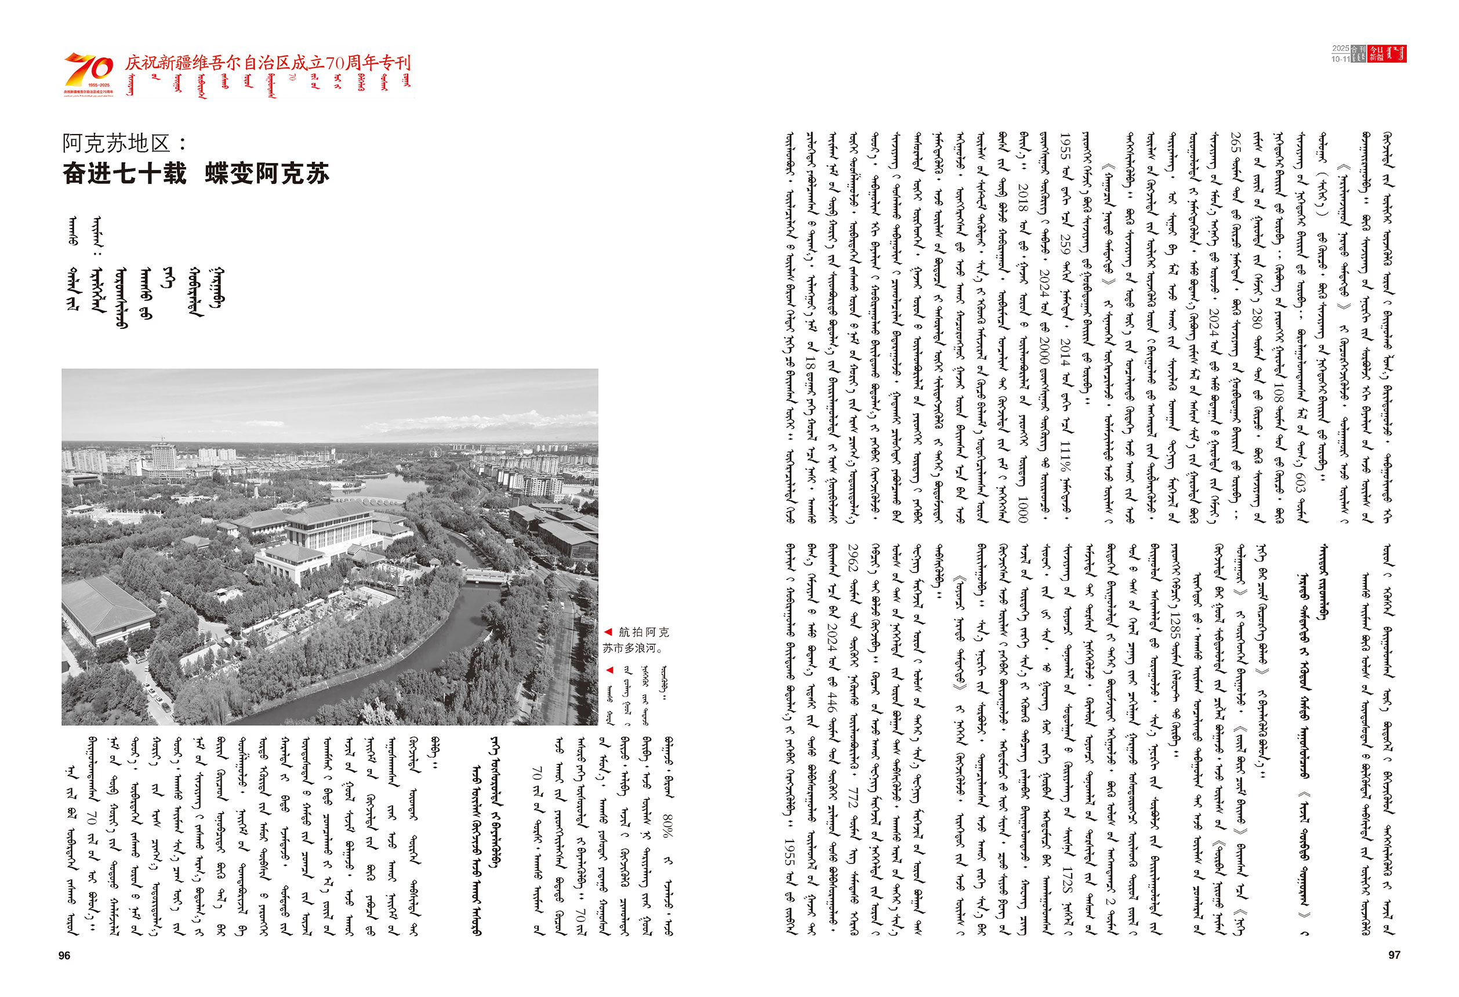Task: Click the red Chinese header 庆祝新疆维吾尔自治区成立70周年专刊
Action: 267,63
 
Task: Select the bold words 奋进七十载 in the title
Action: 125,174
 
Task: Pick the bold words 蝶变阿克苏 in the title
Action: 267,174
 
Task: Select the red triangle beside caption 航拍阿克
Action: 608,632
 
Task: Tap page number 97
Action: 1393,955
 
